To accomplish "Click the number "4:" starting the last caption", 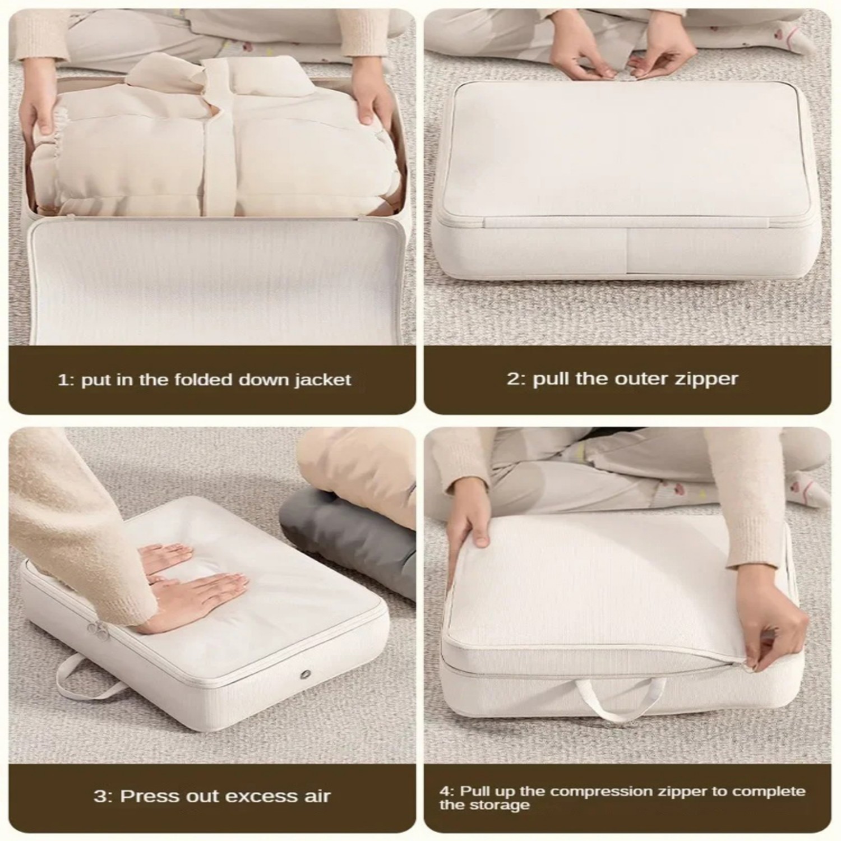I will click(447, 791).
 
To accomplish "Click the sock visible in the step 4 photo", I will click(807, 488).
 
